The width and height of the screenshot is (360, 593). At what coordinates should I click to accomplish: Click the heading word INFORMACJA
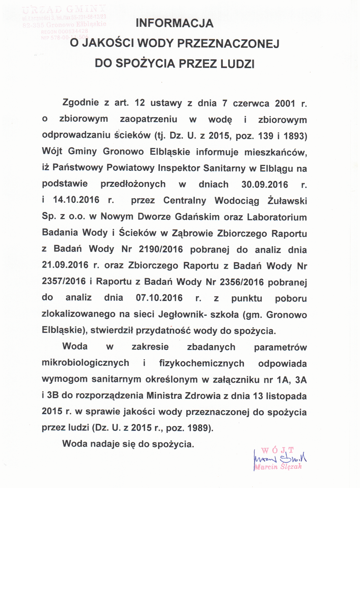(x=174, y=23)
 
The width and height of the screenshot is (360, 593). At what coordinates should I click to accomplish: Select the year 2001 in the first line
(x=285, y=103)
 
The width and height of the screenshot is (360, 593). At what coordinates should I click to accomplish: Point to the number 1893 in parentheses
(x=295, y=136)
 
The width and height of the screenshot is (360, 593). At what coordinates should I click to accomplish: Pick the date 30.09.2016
(x=265, y=184)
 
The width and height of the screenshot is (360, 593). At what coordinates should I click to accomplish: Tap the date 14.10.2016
(x=76, y=200)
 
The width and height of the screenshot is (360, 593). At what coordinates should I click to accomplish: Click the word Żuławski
(x=287, y=201)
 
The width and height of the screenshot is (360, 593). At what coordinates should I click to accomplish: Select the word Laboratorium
(x=277, y=217)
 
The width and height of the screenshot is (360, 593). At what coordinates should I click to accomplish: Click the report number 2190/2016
(x=161, y=249)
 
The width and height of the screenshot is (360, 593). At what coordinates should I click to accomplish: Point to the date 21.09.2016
(x=65, y=265)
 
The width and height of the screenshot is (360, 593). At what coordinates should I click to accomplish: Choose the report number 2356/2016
(x=241, y=282)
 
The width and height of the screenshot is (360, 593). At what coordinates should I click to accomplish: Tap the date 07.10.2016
(x=159, y=298)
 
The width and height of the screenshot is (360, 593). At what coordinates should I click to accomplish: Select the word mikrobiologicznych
(x=85, y=363)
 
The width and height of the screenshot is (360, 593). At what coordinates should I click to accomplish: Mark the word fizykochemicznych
(x=202, y=363)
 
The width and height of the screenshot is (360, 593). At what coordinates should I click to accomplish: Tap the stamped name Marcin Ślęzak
(x=278, y=467)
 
